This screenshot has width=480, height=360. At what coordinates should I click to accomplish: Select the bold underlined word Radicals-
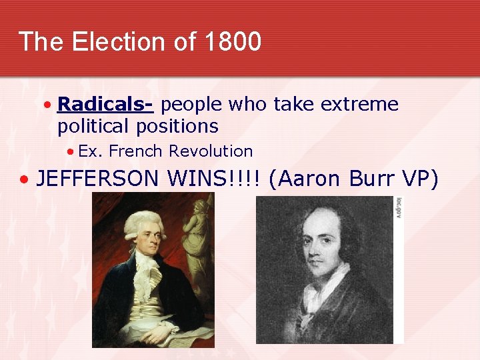pos(106,105)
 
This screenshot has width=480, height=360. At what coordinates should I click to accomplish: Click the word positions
pos(179,126)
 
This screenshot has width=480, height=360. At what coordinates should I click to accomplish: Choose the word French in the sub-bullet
pos(137,151)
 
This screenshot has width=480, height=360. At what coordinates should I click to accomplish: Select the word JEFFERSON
pos(99,179)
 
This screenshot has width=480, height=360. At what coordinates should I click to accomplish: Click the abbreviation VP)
pos(421,179)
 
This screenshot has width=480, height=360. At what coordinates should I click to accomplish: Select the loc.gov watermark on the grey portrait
pos(399,207)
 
